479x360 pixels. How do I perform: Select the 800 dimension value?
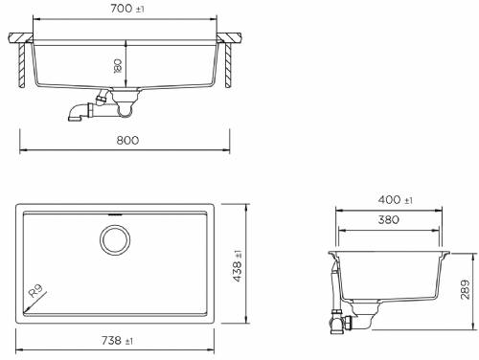pyautogui.click(x=128, y=140)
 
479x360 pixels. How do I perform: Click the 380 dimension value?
pyautogui.click(x=389, y=218)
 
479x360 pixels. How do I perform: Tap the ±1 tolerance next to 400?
pyautogui.click(x=408, y=201)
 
